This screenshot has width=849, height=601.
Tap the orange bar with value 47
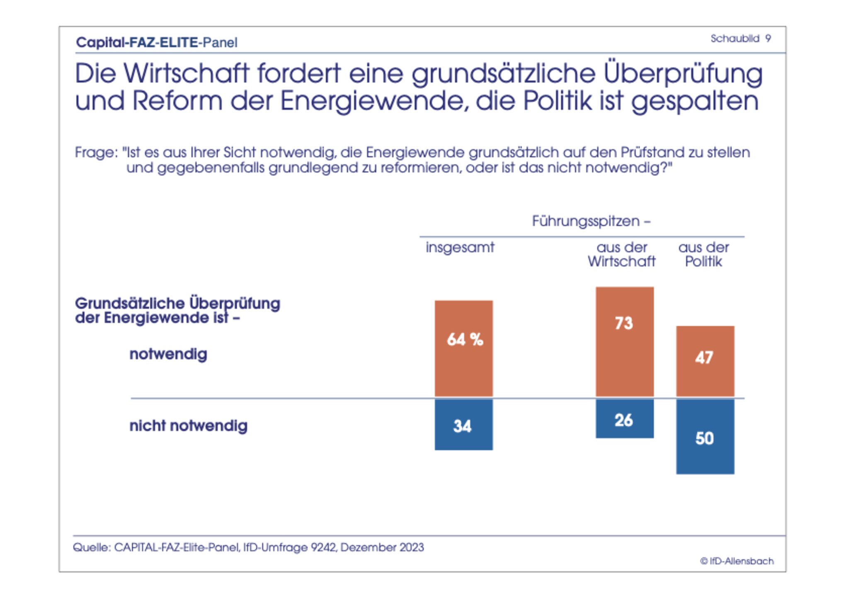click(x=705, y=361)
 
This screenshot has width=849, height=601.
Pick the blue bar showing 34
click(x=463, y=425)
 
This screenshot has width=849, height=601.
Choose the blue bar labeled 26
click(x=624, y=419)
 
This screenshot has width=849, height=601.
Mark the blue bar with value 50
click(x=705, y=437)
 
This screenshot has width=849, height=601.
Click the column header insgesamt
click(x=460, y=247)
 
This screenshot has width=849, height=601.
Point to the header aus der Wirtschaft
click(x=621, y=254)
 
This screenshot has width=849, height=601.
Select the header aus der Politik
click(x=703, y=254)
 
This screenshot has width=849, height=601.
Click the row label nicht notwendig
click(x=188, y=426)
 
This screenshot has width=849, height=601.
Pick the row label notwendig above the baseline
click(x=168, y=354)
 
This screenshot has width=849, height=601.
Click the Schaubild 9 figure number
click(x=740, y=39)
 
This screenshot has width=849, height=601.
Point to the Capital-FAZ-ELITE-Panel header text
click(x=157, y=42)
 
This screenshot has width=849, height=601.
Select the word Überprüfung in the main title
click(x=682, y=74)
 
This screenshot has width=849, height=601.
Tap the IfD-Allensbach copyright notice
click(x=737, y=561)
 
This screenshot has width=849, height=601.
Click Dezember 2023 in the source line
click(x=382, y=547)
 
